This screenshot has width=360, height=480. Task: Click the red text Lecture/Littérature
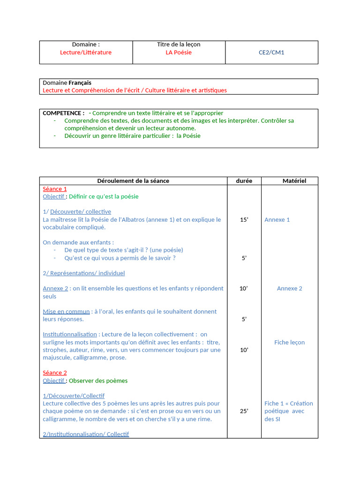tap(86, 52)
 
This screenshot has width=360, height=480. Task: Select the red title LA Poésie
tap(179, 52)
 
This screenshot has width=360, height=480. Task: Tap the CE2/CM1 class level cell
tap(271, 52)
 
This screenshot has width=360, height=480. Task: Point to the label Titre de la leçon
tap(179, 45)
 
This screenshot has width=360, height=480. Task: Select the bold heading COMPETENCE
tap(63, 113)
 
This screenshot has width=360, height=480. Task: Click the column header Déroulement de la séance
tap(133, 181)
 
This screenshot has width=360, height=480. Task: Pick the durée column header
tap(244, 181)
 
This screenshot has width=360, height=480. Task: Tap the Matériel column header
tap(294, 181)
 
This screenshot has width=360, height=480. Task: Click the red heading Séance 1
tap(55, 189)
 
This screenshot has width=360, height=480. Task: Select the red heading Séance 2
tap(55, 373)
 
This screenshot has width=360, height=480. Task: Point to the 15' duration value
tap(244, 220)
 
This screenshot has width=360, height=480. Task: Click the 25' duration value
tap(244, 411)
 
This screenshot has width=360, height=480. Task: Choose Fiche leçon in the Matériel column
tap(289, 343)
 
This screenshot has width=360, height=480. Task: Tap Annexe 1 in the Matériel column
tap(277, 220)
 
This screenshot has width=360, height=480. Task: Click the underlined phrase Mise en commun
tap(66, 312)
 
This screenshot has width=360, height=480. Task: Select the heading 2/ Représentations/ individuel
tap(84, 273)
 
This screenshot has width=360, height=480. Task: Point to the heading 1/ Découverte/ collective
tap(77, 212)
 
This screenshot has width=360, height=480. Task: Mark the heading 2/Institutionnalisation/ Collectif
tap(86, 434)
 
